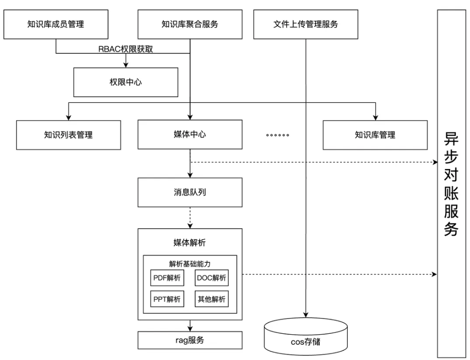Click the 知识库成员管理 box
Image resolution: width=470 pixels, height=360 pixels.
coord(55,24)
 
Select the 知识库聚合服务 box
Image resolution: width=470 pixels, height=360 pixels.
coord(190,24)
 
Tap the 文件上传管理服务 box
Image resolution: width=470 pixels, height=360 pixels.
coord(305,24)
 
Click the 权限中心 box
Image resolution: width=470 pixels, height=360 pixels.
coord(125,82)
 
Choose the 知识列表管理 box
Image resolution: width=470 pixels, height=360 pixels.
coord(69,135)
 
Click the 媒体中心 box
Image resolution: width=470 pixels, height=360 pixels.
coord(190,135)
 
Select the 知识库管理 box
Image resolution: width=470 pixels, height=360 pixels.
coord(375,135)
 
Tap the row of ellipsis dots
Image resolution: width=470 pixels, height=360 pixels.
coord(278,135)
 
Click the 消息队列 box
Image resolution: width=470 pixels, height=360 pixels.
coord(190,193)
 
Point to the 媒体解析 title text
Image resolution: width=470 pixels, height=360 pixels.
coord(190,242)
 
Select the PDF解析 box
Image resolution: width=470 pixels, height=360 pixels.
coord(167,278)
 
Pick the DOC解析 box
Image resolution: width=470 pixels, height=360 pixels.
coord(212,278)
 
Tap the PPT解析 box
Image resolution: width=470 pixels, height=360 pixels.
coord(167,299)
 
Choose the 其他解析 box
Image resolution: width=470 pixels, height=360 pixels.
coord(212,299)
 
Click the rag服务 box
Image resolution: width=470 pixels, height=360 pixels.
coord(190,340)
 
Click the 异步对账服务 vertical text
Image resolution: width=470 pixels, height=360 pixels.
coord(451,183)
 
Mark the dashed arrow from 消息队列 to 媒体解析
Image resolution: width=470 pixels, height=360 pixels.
coord(190,218)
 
